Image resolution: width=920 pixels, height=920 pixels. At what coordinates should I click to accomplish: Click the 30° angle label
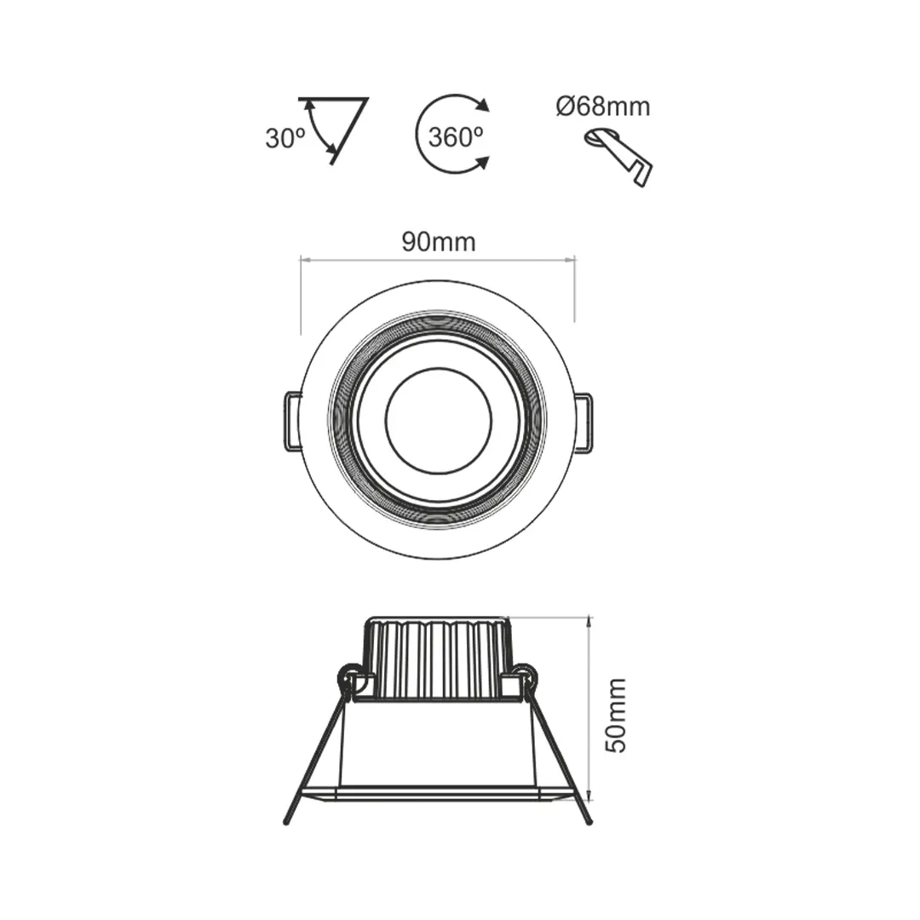point(285,138)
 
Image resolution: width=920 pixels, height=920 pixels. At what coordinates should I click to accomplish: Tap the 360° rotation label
point(456,136)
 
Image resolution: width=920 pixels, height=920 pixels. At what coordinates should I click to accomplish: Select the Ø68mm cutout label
point(602,107)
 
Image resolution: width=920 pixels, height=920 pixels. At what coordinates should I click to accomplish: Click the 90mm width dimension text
point(439,242)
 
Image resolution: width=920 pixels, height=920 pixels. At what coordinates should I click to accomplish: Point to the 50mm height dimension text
point(615,715)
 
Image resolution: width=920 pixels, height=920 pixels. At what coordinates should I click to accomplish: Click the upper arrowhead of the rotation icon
point(483,106)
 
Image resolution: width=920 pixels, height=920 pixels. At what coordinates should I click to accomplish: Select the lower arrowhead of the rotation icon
point(482,161)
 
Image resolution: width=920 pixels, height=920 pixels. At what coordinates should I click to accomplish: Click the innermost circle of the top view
point(439,420)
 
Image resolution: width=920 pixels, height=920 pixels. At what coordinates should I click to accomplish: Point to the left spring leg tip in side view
point(287,821)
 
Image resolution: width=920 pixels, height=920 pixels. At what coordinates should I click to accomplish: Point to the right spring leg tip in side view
point(589,821)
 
